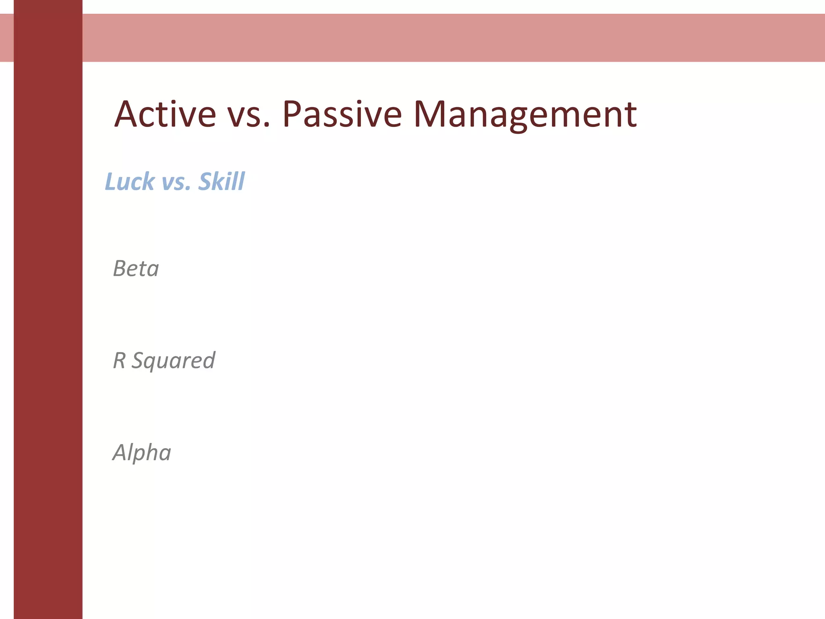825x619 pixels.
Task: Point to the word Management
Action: tap(525, 115)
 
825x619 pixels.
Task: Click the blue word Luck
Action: tap(130, 181)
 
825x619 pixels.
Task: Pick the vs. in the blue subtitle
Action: tap(176, 183)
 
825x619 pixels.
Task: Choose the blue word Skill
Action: tap(222, 181)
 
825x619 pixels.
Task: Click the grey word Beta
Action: tap(136, 268)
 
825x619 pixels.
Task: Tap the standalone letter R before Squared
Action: tap(119, 360)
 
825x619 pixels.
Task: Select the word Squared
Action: tap(174, 361)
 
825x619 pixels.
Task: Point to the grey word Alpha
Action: tap(142, 452)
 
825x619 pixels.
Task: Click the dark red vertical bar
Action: tap(48, 322)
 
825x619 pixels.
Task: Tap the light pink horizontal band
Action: tap(443, 37)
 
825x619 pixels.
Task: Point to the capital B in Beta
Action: tap(120, 268)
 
